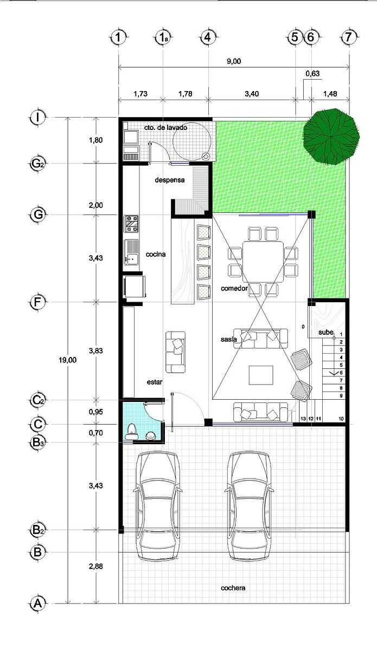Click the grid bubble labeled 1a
pos(163,37)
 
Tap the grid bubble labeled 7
pos(348,37)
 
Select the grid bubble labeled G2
pos(38,164)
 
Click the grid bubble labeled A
pos(38,603)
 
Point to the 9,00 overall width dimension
pos(234,61)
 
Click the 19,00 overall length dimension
pos(67,360)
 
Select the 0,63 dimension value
pos(312,74)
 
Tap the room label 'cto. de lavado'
pos(165,128)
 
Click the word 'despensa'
pos(169,180)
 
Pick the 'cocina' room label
pos(156,254)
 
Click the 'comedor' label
pos(234,288)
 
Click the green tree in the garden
pos(331,136)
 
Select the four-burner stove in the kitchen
pos(131,224)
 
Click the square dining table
pos(263,262)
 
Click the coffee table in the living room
pos(261,375)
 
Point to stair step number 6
pos(341,373)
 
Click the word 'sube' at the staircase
pos(326,332)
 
